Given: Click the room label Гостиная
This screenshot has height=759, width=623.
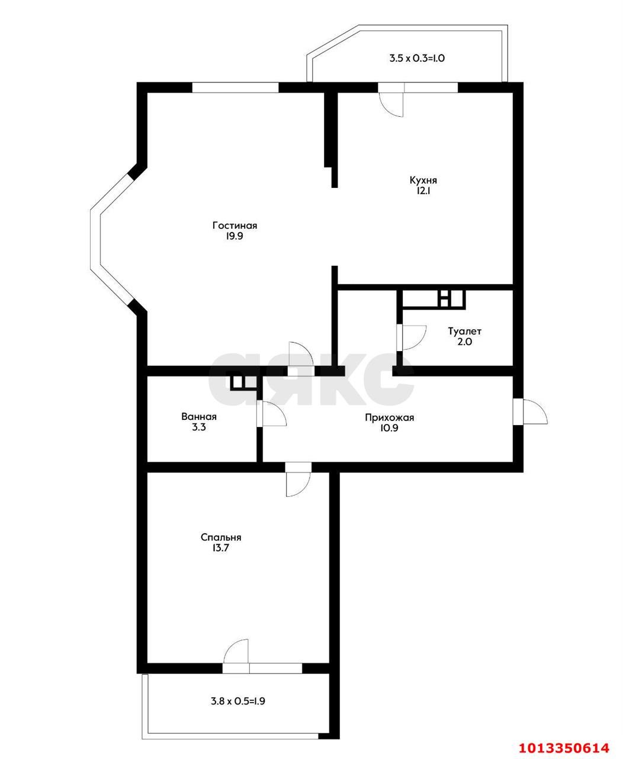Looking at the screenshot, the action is click(x=235, y=226).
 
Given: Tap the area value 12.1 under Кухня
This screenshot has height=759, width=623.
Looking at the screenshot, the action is click(x=423, y=191).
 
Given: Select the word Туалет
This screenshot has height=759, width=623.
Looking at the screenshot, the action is click(x=464, y=331).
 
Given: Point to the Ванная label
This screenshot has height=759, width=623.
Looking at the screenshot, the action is click(x=199, y=417).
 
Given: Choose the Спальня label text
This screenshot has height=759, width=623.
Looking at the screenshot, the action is click(x=221, y=537).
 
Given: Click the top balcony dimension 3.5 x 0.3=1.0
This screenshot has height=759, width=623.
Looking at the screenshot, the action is click(x=417, y=58).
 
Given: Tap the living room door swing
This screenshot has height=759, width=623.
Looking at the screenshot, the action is click(x=301, y=354).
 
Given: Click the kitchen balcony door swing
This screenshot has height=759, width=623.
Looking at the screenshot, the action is click(x=393, y=105).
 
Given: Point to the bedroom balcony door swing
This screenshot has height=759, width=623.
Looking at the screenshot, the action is click(x=236, y=650).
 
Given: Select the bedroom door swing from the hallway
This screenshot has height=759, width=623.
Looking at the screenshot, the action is click(x=298, y=484).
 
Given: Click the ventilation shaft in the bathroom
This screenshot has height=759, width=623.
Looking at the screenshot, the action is click(x=243, y=382).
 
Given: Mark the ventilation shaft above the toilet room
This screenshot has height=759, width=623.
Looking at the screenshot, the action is click(x=433, y=299).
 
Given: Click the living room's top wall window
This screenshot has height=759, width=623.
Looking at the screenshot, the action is click(x=235, y=87).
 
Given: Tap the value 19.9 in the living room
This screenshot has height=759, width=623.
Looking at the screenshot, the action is click(x=235, y=236).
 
